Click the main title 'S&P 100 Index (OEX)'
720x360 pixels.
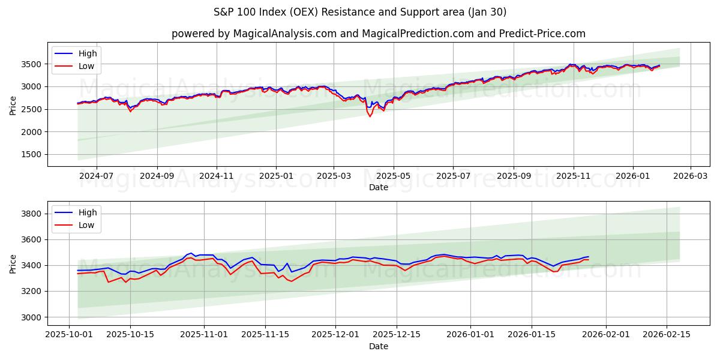point(360,12)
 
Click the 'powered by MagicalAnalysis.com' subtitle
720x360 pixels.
point(378,34)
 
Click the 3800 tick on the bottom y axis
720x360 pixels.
point(31,214)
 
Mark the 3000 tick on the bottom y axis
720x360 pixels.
point(31,317)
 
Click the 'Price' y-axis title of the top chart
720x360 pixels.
point(13,104)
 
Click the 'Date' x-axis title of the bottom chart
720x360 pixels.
point(378,346)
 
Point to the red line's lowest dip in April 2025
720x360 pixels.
point(370,116)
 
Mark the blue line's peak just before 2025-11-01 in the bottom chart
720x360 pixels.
point(191,253)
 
